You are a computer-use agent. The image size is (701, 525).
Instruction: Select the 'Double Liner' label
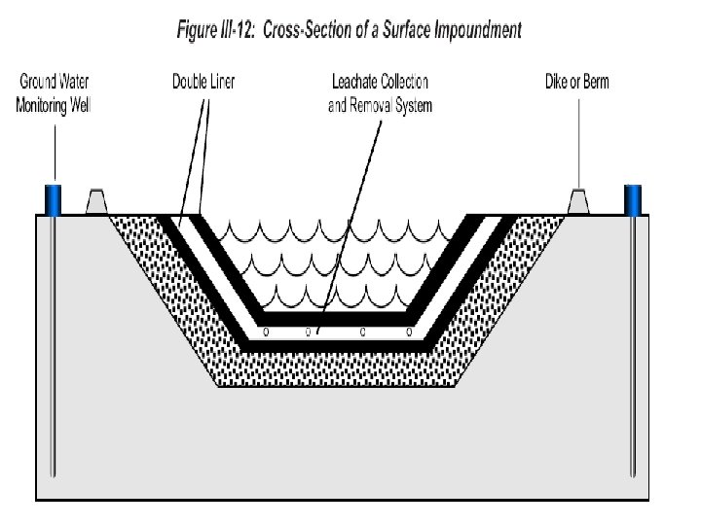coord(203,82)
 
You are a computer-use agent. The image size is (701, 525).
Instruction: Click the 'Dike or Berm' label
coord(577,82)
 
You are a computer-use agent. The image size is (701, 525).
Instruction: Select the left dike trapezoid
coord(95,201)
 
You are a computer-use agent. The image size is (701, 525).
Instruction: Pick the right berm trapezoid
coord(578,201)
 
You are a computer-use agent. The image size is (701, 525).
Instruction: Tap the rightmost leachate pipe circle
coord(410,332)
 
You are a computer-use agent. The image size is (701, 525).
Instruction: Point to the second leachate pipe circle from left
coord(308,332)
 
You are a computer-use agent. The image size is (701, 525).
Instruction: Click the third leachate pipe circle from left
coord(362,332)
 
